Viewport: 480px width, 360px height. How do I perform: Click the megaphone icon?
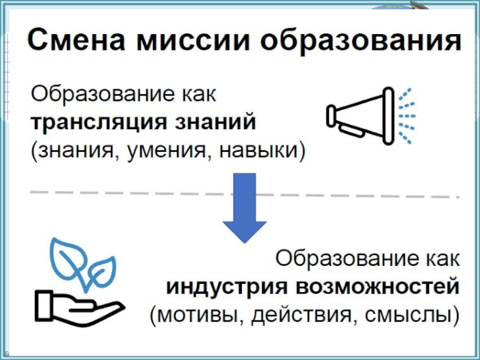click(360, 115)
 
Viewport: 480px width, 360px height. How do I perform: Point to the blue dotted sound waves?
click(407, 115)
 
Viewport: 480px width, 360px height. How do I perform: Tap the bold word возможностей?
click(375, 286)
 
